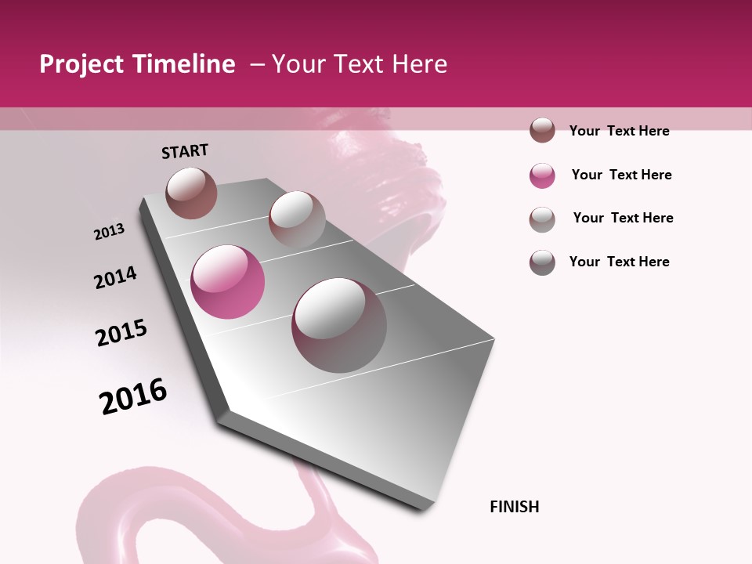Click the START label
[185, 151]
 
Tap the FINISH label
[514, 507]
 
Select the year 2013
[109, 232]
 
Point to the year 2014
[115, 278]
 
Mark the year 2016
[133, 396]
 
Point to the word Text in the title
[358, 64]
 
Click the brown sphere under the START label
[191, 193]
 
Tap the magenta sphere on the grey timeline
[228, 282]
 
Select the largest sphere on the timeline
[339, 325]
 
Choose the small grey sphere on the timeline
[297, 219]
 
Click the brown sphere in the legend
[542, 131]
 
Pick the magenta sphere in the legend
[542, 175]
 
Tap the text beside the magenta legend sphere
[621, 175]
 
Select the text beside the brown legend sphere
[619, 131]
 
